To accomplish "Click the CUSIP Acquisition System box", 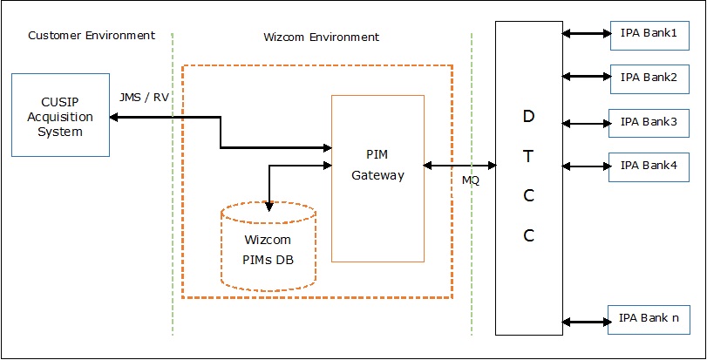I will click(x=60, y=115).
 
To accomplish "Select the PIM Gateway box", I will click(x=377, y=179).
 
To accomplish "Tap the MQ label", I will click(x=471, y=181).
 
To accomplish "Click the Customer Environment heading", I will click(x=92, y=36).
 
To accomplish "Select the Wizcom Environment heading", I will click(x=321, y=37).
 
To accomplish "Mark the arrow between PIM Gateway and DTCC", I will click(x=459, y=165).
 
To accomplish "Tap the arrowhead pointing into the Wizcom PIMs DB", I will click(x=270, y=207).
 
